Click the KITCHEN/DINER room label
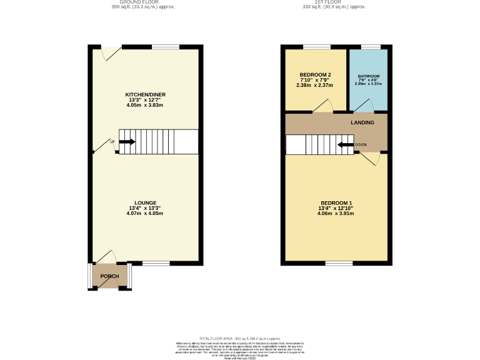(x=145, y=95)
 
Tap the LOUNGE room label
(x=144, y=202)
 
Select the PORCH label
(x=110, y=276)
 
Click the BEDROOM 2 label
(x=316, y=75)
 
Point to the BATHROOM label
(x=369, y=76)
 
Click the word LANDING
(x=362, y=122)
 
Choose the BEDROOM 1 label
(x=336, y=202)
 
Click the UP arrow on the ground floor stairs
(x=127, y=142)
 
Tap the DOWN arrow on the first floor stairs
(x=344, y=145)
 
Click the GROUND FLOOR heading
(x=142, y=2)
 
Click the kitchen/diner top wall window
(x=166, y=47)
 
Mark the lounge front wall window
(x=156, y=263)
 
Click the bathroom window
(x=371, y=47)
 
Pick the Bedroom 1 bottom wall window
(x=338, y=263)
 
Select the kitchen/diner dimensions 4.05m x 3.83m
(x=144, y=106)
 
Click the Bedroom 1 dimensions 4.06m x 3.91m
(x=336, y=213)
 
